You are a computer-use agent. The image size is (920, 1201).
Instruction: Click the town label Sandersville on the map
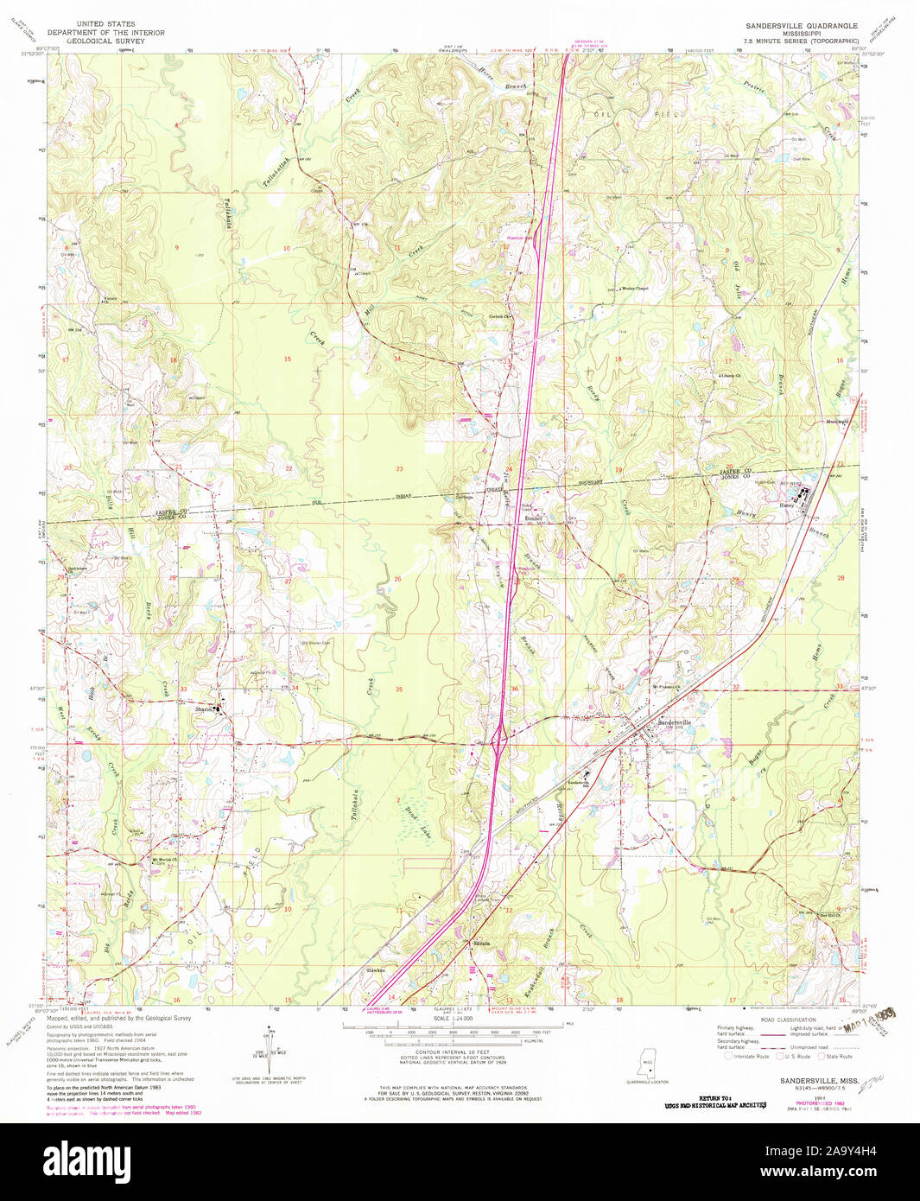click(x=675, y=722)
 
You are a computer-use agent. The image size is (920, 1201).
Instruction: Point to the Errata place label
click(x=480, y=944)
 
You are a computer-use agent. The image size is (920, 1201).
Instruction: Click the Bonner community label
click(x=533, y=518)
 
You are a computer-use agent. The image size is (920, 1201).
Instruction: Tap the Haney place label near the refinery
click(x=786, y=505)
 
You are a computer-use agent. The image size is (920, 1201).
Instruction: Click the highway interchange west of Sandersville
click(x=499, y=737)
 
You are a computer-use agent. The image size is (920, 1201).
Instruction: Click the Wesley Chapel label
click(x=635, y=289)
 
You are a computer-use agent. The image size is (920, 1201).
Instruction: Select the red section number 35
click(x=398, y=689)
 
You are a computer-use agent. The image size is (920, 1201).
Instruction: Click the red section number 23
click(x=399, y=468)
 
